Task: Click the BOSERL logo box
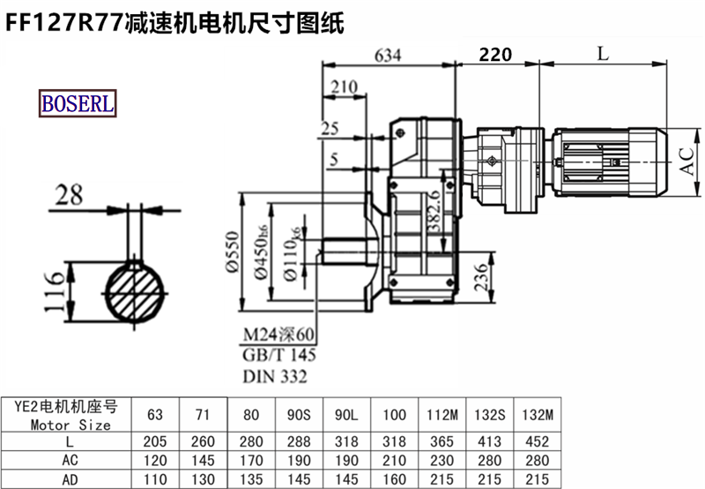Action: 78,103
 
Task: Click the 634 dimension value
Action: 388,56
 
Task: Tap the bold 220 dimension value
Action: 495,55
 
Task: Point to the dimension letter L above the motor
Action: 603,54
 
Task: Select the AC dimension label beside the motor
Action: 686,162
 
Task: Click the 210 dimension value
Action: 345,87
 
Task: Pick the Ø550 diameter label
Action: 232,252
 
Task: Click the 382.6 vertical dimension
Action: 434,210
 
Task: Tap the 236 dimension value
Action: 480,277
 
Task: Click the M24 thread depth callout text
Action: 278,335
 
